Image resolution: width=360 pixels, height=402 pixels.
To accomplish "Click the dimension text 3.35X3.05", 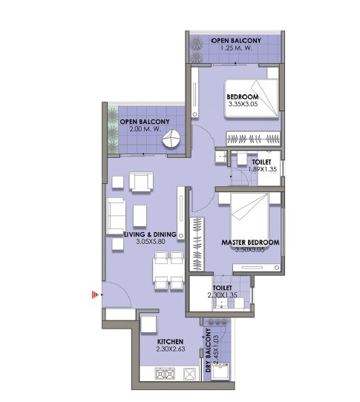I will [242, 105].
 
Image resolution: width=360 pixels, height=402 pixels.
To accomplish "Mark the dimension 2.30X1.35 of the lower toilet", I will [222, 295].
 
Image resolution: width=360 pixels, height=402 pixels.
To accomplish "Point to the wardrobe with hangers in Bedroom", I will [252, 138].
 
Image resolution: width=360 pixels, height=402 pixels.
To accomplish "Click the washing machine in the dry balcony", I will [220, 373].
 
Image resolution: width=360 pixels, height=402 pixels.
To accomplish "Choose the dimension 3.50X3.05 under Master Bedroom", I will [250, 251].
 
